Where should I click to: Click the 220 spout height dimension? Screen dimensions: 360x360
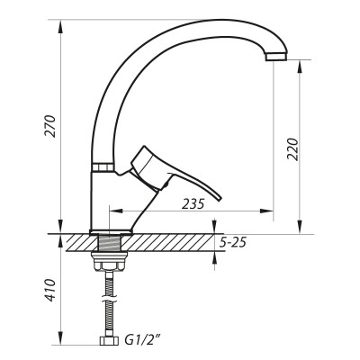pos(291,148)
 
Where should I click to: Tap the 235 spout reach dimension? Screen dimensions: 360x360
pos(192,203)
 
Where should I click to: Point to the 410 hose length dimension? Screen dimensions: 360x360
pos(51,290)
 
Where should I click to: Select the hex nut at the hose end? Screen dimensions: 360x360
pos(110,343)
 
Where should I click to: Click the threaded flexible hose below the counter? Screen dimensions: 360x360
pos(110,301)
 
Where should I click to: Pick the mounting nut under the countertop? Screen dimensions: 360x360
pos(110,262)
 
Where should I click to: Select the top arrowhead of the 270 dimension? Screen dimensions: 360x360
pos(60,23)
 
